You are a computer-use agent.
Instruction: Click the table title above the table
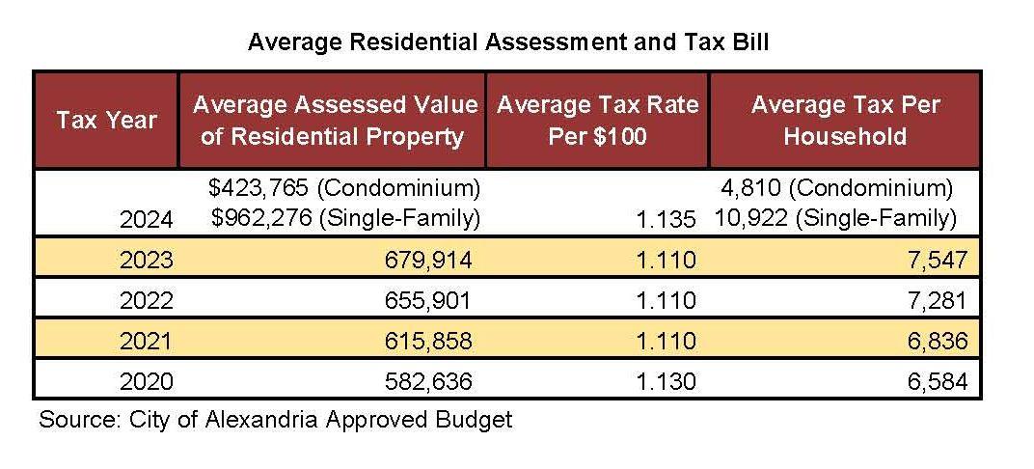coord(507,42)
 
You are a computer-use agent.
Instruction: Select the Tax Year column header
coord(106,120)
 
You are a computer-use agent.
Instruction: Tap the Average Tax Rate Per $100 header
coord(597,121)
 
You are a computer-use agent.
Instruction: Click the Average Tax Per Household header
coord(845,121)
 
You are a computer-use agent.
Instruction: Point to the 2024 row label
coord(147,218)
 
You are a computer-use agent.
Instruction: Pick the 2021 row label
coord(147,341)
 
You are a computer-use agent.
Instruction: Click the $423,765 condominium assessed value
coord(343,188)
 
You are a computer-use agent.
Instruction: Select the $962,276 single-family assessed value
coord(345,218)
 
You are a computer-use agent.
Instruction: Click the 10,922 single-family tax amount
coord(833,218)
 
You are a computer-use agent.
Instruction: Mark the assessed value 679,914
coord(428,260)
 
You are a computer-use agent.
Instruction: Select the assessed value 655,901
coord(428,300)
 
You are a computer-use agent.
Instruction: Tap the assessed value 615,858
coord(428,341)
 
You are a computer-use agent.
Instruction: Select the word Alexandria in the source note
coord(261,420)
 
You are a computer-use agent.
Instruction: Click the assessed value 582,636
coord(428,381)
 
